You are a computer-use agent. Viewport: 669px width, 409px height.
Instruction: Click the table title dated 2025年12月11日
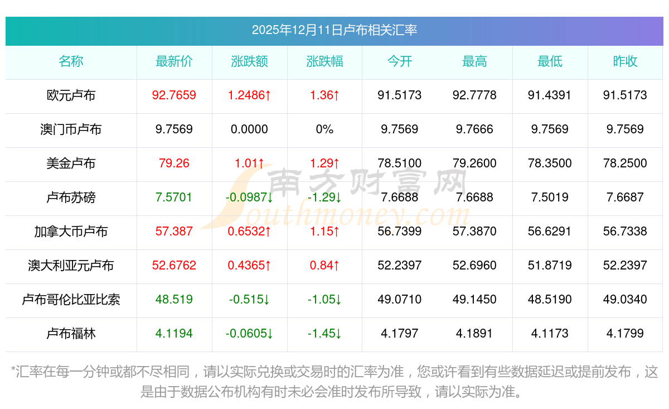point(334,30)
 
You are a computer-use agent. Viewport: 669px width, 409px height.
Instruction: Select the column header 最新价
point(174,62)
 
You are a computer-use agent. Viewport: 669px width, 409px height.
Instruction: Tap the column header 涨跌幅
point(324,62)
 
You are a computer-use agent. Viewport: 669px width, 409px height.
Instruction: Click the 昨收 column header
point(625,62)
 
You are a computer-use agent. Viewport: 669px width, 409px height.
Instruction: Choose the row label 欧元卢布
point(71,95)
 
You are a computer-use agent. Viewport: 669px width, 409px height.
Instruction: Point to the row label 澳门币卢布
point(71,129)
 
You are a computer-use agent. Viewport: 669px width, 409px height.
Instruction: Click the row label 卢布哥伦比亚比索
point(71,300)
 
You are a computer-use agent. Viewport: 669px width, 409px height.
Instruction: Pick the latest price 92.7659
point(174,95)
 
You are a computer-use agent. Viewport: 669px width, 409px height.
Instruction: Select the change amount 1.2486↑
point(249,95)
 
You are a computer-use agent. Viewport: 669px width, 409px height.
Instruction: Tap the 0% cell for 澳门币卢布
point(324,129)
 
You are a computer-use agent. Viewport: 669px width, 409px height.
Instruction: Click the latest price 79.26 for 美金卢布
point(174,163)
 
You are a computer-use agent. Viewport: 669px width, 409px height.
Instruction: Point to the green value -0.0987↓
point(249,198)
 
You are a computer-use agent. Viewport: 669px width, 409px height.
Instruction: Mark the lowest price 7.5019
point(550,198)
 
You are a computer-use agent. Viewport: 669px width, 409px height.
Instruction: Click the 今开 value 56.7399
point(400,232)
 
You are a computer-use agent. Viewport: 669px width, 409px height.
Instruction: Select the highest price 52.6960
point(474,266)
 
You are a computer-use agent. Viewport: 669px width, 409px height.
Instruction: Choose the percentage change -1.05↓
point(324,300)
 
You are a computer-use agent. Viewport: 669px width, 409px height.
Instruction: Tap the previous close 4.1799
point(625,334)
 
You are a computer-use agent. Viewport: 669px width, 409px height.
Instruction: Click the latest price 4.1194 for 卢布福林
point(174,334)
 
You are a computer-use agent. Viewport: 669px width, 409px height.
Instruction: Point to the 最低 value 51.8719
point(550,266)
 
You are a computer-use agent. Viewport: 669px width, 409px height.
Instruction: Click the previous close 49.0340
point(625,300)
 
